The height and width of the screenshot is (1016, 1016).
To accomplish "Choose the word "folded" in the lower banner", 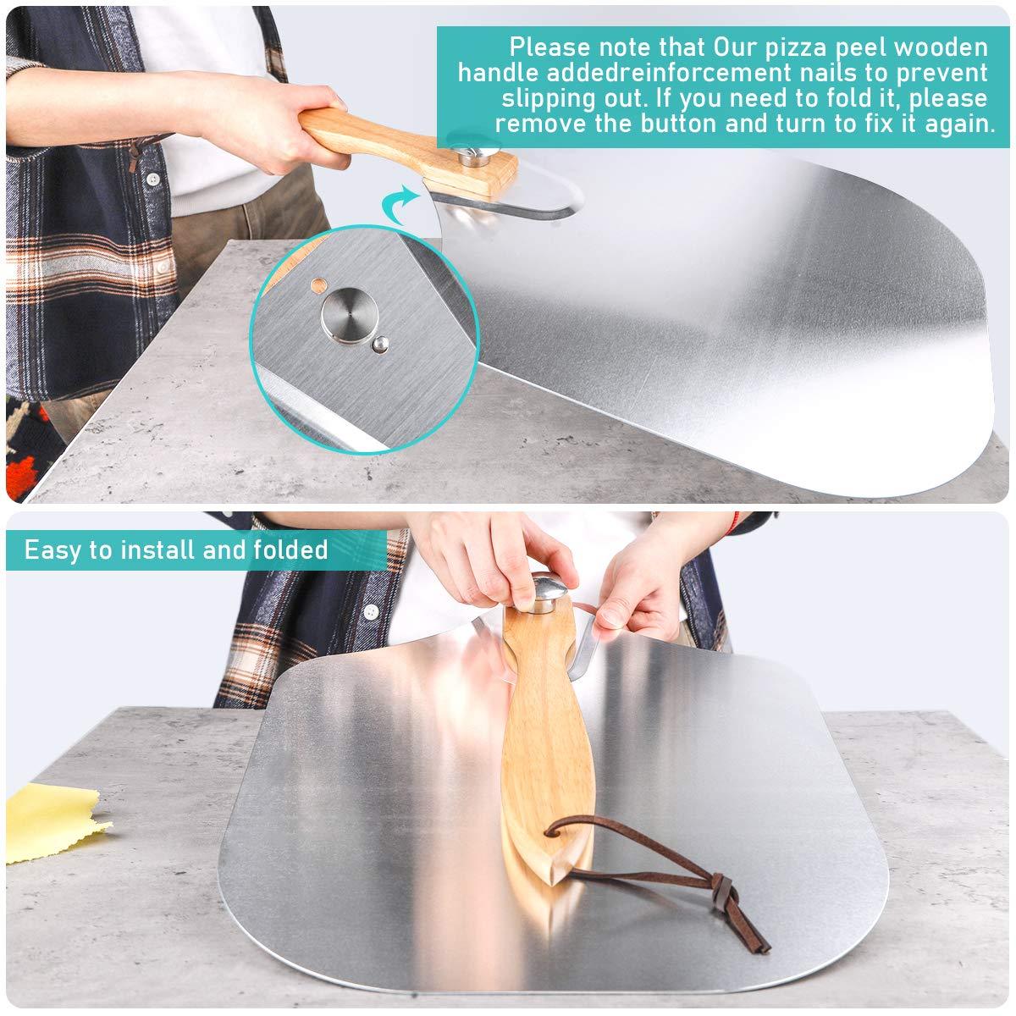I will (290, 550).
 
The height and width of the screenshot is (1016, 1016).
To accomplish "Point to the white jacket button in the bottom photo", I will (370, 610).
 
